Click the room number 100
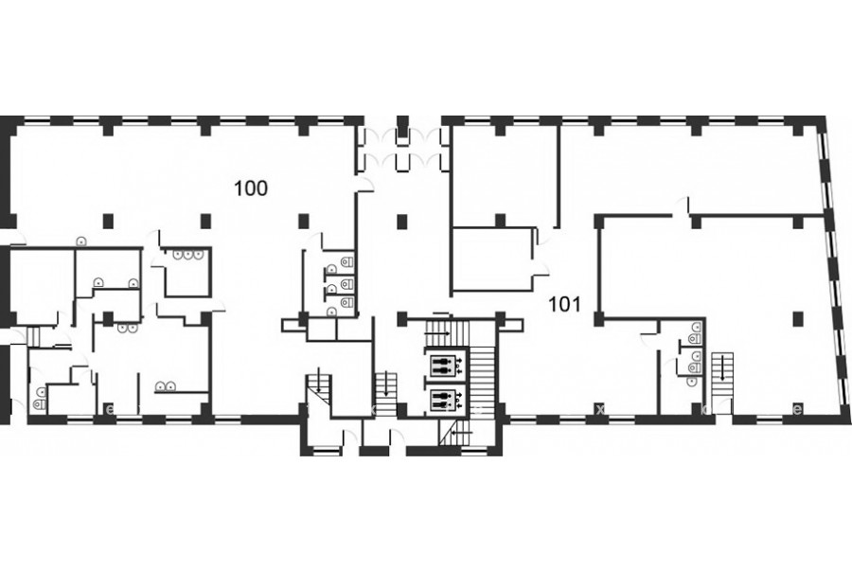[251, 188]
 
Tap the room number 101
[565, 304]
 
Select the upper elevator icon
[446, 365]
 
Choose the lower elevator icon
[446, 401]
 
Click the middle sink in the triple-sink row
[187, 254]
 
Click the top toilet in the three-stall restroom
[346, 262]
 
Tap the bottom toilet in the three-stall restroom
[346, 302]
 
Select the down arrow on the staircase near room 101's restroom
[722, 368]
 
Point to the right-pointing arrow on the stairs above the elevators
[441, 332]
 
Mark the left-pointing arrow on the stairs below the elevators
[460, 432]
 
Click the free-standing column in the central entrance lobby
[401, 221]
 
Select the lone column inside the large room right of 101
[798, 318]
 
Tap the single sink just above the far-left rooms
[80, 241]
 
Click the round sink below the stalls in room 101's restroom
[691, 382]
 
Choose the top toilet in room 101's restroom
[696, 328]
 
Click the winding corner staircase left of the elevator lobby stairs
[318, 387]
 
